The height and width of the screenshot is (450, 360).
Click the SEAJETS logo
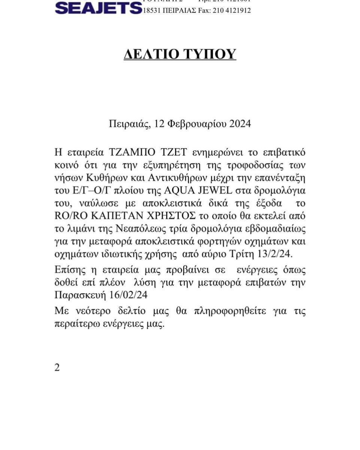pyautogui.click(x=98, y=7)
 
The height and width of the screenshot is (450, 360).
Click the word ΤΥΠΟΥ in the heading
pyautogui.click(x=208, y=54)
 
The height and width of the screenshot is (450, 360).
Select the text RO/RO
pyautogui.click(x=67, y=216)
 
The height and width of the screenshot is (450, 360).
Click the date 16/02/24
pyautogui.click(x=130, y=295)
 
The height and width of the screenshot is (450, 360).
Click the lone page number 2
pyautogui.click(x=57, y=367)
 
